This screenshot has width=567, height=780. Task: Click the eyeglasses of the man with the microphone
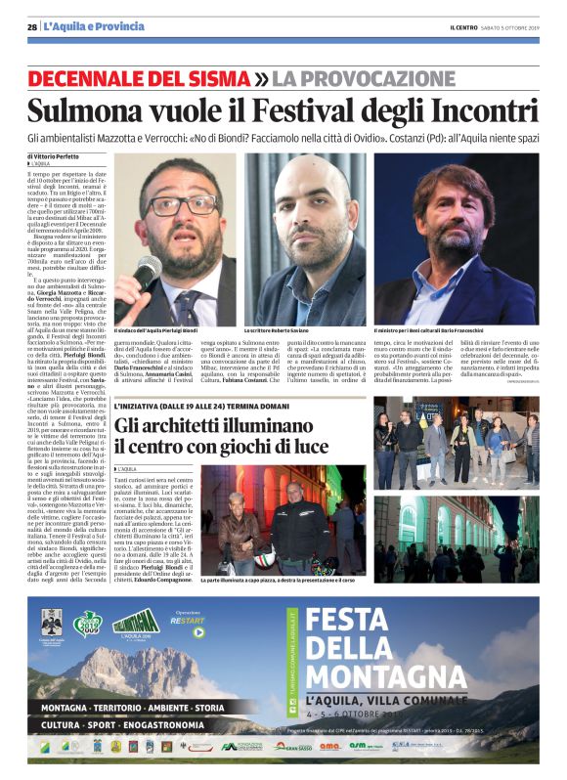(181, 205)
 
